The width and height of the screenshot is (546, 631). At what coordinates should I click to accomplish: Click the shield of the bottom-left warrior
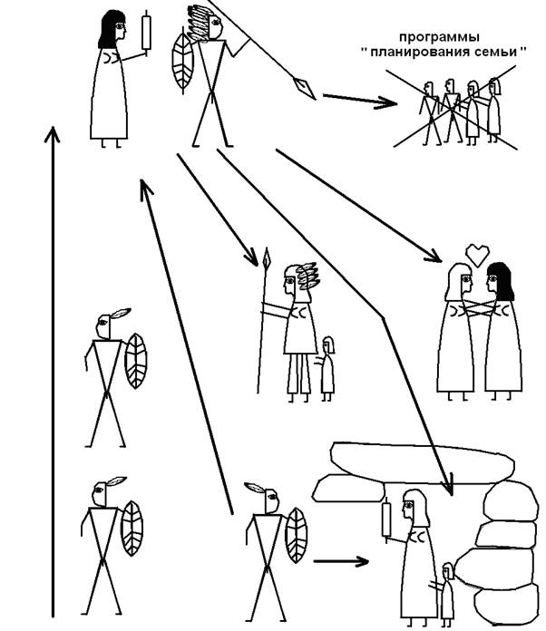click(x=132, y=529)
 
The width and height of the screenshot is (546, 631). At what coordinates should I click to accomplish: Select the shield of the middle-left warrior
click(x=137, y=362)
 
